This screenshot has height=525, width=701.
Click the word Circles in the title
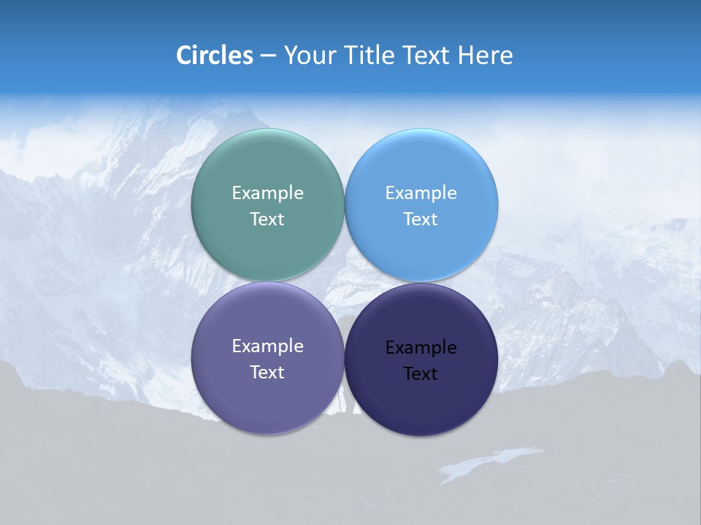215,55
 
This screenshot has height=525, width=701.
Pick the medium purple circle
267,401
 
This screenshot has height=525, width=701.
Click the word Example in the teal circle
267,192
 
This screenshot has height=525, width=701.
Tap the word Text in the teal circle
267,219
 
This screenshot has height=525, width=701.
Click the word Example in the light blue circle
421,192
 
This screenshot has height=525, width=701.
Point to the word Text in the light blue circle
421,219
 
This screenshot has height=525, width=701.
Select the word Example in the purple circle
267,346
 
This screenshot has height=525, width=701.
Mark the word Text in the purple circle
267,372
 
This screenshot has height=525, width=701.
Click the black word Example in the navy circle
421,347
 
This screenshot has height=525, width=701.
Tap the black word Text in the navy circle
421,373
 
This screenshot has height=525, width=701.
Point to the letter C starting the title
184,55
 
